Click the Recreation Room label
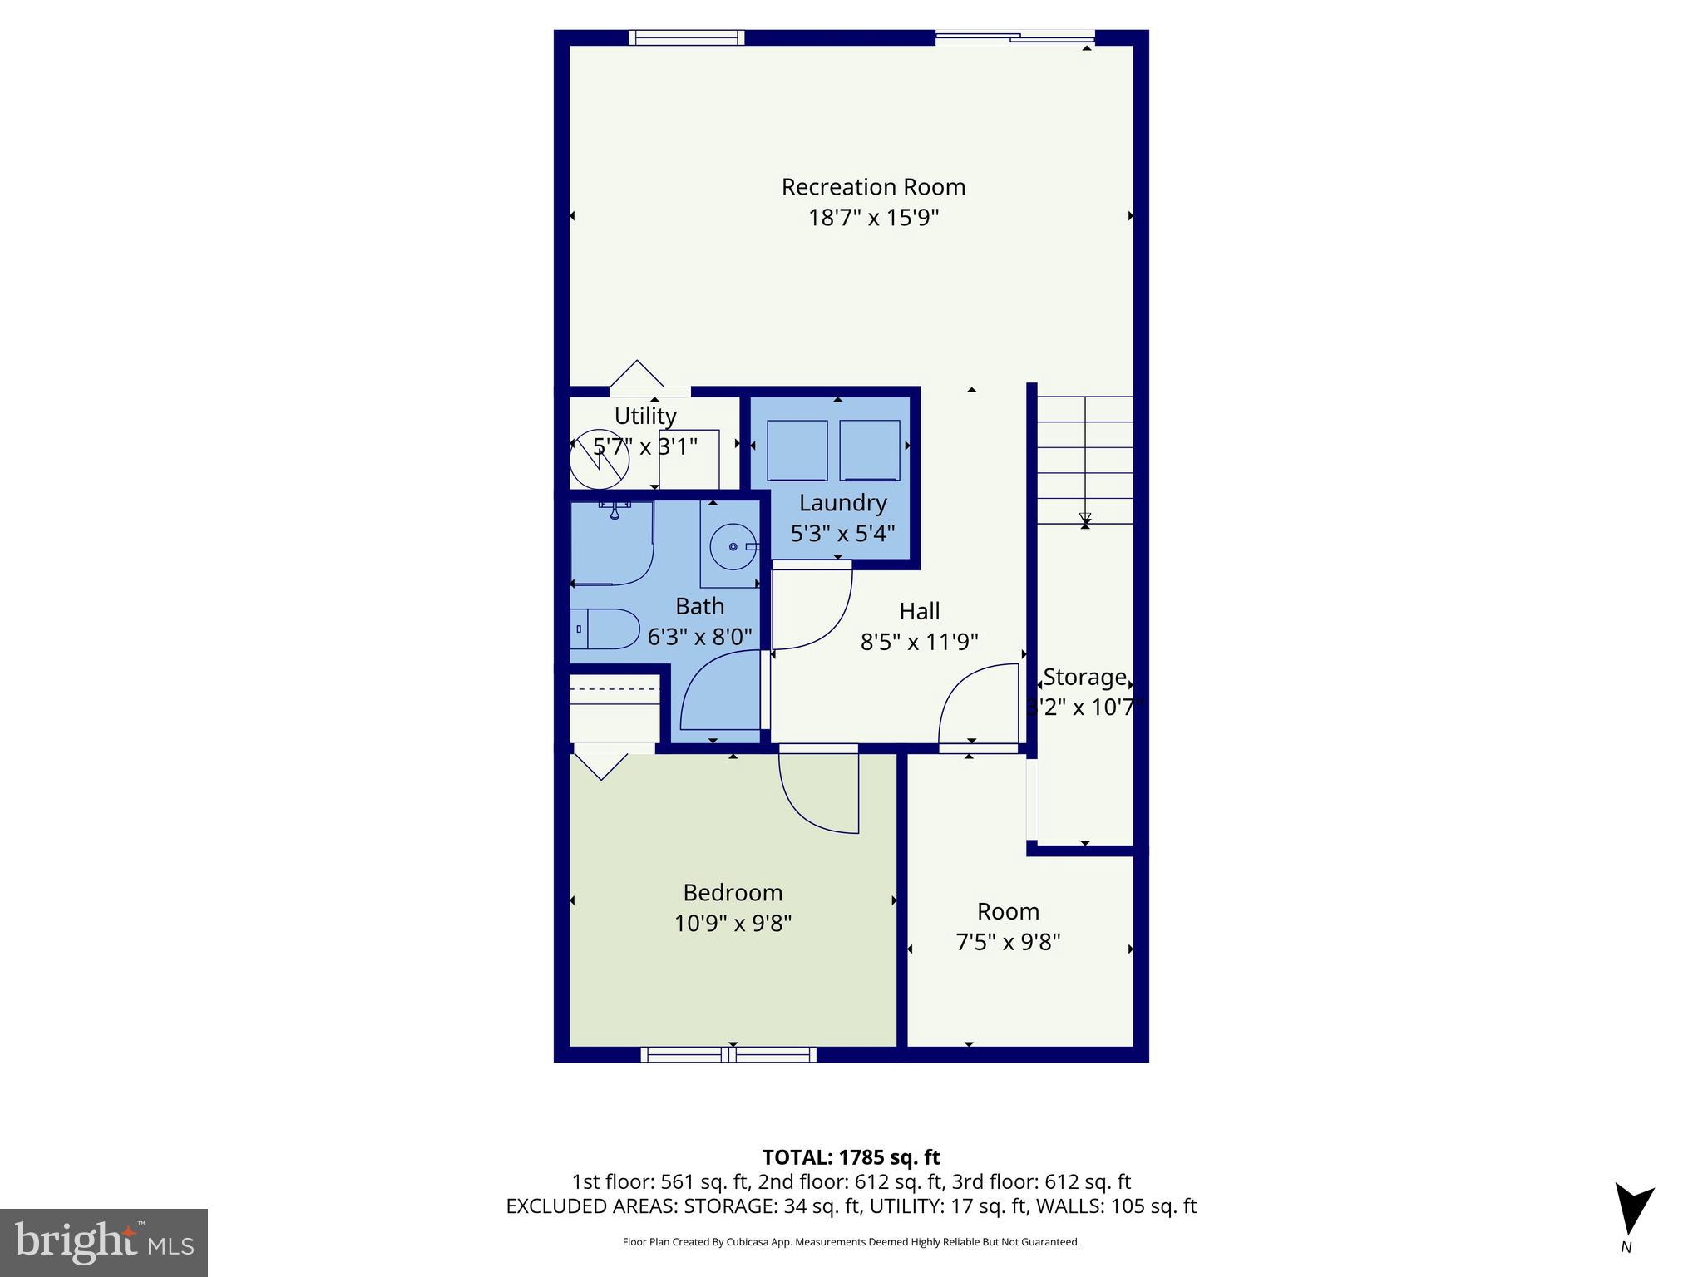point(873,187)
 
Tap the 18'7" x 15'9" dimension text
point(873,218)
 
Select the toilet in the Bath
point(606,629)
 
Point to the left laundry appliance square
point(797,450)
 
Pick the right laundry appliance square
point(869,450)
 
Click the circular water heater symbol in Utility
point(599,459)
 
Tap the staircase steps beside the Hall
point(1084,460)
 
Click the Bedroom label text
point(733,893)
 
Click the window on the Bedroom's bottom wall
point(728,1054)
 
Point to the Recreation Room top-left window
point(686,37)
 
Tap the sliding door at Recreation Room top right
point(1014,37)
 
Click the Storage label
point(1084,678)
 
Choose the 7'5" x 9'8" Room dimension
point(1008,942)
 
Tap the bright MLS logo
point(104,1242)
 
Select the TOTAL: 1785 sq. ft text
point(851,1157)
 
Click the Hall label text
point(919,611)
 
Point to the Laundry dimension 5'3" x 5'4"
point(842,534)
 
